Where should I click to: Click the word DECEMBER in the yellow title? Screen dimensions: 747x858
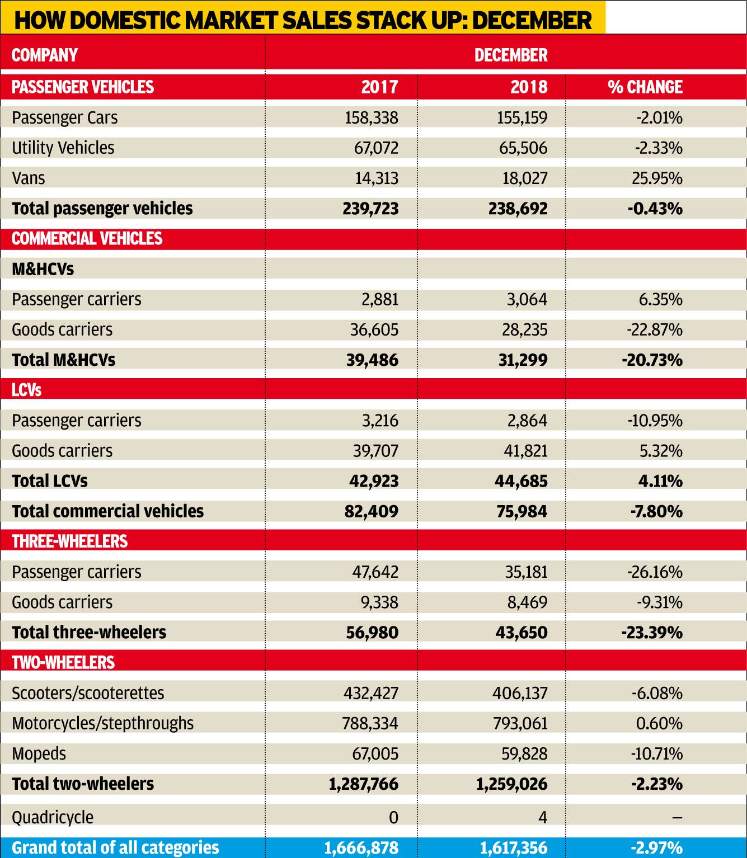pos(532,20)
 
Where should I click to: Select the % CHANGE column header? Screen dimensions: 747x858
pos(645,87)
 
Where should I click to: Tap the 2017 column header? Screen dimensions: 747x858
pos(379,87)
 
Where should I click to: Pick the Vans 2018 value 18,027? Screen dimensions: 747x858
pos(525,178)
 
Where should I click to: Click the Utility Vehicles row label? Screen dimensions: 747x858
pos(63,148)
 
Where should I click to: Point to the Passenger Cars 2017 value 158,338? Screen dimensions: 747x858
pos(371,118)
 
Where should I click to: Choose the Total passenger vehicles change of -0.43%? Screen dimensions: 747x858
pos(655,209)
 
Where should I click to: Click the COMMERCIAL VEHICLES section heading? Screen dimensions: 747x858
pos(87,239)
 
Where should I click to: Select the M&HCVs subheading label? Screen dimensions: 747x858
pos(43,269)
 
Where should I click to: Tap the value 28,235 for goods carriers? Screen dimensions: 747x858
pos(525,329)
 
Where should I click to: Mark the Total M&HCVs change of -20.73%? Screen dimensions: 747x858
pos(652,360)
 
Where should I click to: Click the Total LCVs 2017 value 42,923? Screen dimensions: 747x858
pos(374,481)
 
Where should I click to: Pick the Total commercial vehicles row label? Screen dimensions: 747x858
pos(108,511)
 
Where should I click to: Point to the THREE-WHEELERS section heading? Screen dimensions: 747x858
pos(69,541)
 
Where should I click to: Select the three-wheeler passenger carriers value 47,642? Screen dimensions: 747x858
pos(375,572)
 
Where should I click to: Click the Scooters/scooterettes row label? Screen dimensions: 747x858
pos(88,693)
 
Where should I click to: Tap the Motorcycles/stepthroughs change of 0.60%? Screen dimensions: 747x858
pos(659,723)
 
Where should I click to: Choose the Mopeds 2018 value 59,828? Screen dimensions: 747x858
pos(525,753)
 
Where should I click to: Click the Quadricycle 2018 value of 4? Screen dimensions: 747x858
pos(543,817)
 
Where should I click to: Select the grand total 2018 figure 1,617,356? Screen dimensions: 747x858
pos(514,847)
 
